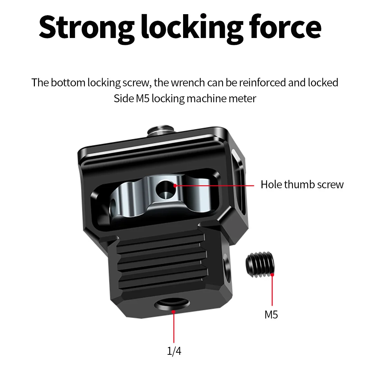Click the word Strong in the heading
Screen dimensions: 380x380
tap(86, 28)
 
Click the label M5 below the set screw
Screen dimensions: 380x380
tap(271, 315)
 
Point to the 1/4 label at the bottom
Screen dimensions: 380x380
tap(174, 351)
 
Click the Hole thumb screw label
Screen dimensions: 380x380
tap(302, 184)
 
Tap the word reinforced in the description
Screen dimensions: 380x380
tap(262, 83)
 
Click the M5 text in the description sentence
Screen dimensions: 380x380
tap(143, 98)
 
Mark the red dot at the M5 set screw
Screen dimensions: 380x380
tap(273, 275)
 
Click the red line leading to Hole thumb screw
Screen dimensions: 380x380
tap(214, 185)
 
